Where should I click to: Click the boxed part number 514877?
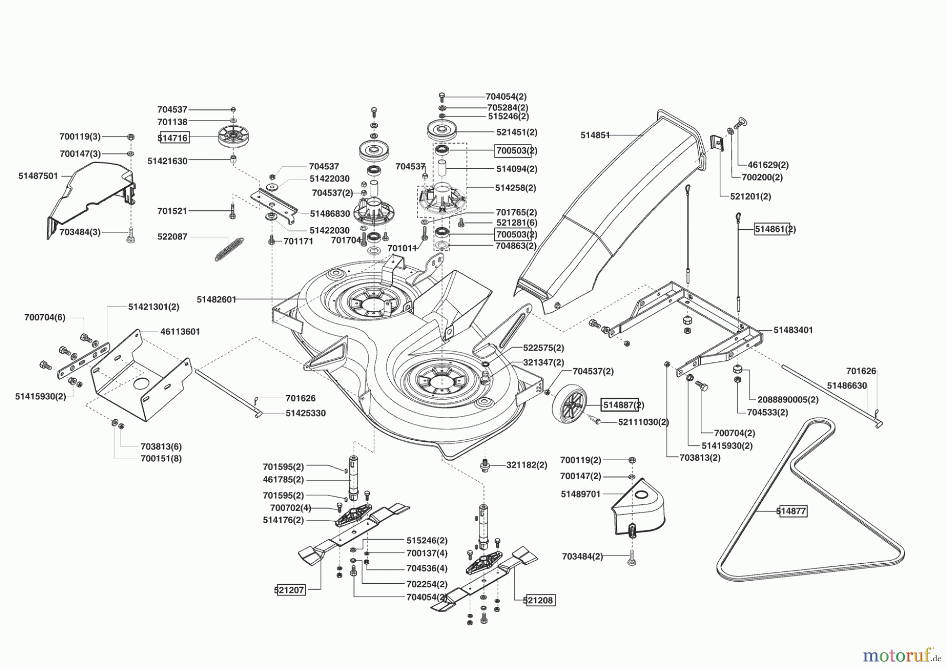pyautogui.click(x=792, y=511)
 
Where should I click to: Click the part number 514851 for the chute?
pyautogui.click(x=595, y=135)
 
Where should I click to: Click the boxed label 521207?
pyautogui.click(x=289, y=590)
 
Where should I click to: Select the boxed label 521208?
pyautogui.click(x=539, y=600)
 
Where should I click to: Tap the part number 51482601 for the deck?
pyautogui.click(x=216, y=299)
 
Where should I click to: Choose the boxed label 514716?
pyautogui.click(x=173, y=138)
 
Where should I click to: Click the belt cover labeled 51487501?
pyautogui.click(x=92, y=200)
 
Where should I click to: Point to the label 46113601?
pyautogui.click(x=180, y=332)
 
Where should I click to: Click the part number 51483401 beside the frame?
pyautogui.click(x=793, y=330)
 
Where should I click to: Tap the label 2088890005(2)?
pyautogui.click(x=788, y=400)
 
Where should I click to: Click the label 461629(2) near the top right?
pyautogui.click(x=769, y=165)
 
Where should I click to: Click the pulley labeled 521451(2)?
pyautogui.click(x=444, y=129)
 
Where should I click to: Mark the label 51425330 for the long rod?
pyautogui.click(x=305, y=413)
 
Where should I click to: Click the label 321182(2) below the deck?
pyautogui.click(x=526, y=465)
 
